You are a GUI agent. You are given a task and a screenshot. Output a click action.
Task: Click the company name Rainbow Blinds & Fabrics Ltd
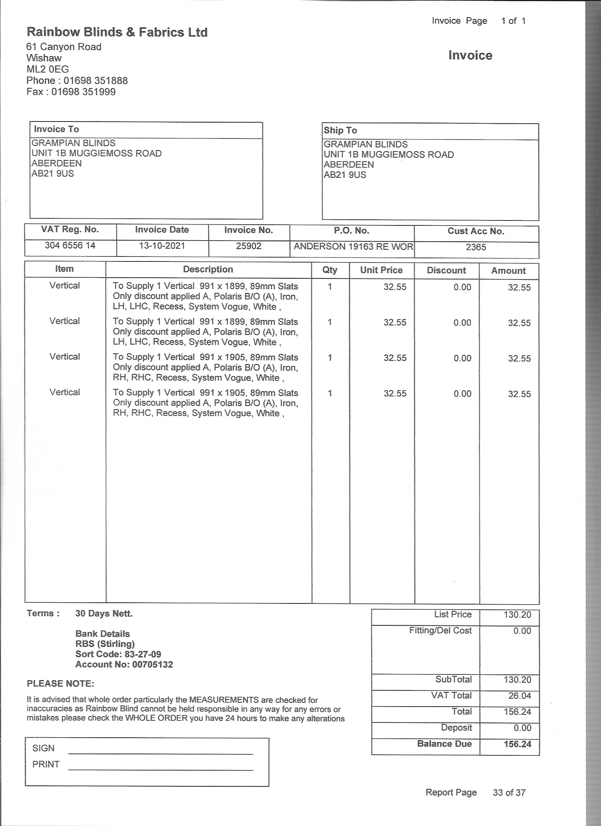click(117, 33)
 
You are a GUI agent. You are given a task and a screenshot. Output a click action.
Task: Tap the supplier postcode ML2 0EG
click(47, 69)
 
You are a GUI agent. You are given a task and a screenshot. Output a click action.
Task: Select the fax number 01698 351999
click(83, 92)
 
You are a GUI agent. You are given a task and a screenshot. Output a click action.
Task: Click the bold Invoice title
click(470, 55)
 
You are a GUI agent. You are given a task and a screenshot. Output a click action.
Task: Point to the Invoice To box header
click(57, 129)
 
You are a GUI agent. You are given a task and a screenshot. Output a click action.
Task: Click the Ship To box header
click(340, 130)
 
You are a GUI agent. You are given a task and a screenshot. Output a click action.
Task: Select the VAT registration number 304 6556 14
click(70, 246)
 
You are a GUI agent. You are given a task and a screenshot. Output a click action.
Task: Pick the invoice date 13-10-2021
click(162, 246)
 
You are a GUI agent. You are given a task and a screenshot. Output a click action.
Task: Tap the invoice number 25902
click(249, 246)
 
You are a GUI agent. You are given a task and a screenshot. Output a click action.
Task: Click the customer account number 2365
click(475, 247)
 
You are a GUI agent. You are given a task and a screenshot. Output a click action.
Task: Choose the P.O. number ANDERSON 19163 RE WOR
click(353, 247)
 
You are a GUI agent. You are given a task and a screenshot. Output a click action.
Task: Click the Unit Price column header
click(381, 270)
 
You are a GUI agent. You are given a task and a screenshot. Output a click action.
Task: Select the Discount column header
click(446, 271)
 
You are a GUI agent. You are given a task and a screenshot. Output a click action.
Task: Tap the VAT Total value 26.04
click(519, 696)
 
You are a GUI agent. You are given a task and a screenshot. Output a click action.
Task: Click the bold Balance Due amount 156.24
click(517, 744)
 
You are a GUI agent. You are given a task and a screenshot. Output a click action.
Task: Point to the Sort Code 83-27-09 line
click(118, 654)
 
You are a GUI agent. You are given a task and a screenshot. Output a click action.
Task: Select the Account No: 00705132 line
click(124, 664)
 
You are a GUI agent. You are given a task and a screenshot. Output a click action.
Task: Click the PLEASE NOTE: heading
click(60, 684)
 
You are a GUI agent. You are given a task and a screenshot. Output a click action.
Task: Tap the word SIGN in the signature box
click(43, 748)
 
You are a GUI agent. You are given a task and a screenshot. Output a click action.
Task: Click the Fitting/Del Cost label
click(440, 630)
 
